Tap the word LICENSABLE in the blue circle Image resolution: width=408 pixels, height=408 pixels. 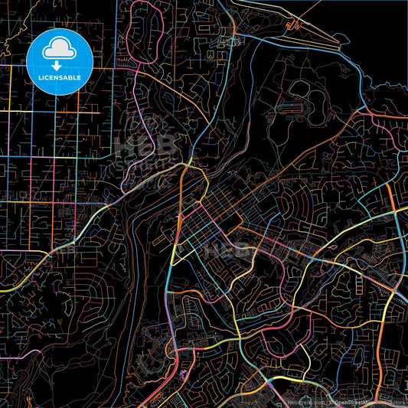point(60,77)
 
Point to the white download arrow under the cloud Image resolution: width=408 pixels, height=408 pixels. point(60,63)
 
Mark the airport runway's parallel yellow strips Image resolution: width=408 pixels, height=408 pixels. point(306,34)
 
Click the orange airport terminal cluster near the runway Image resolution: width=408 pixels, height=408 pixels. point(291,26)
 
